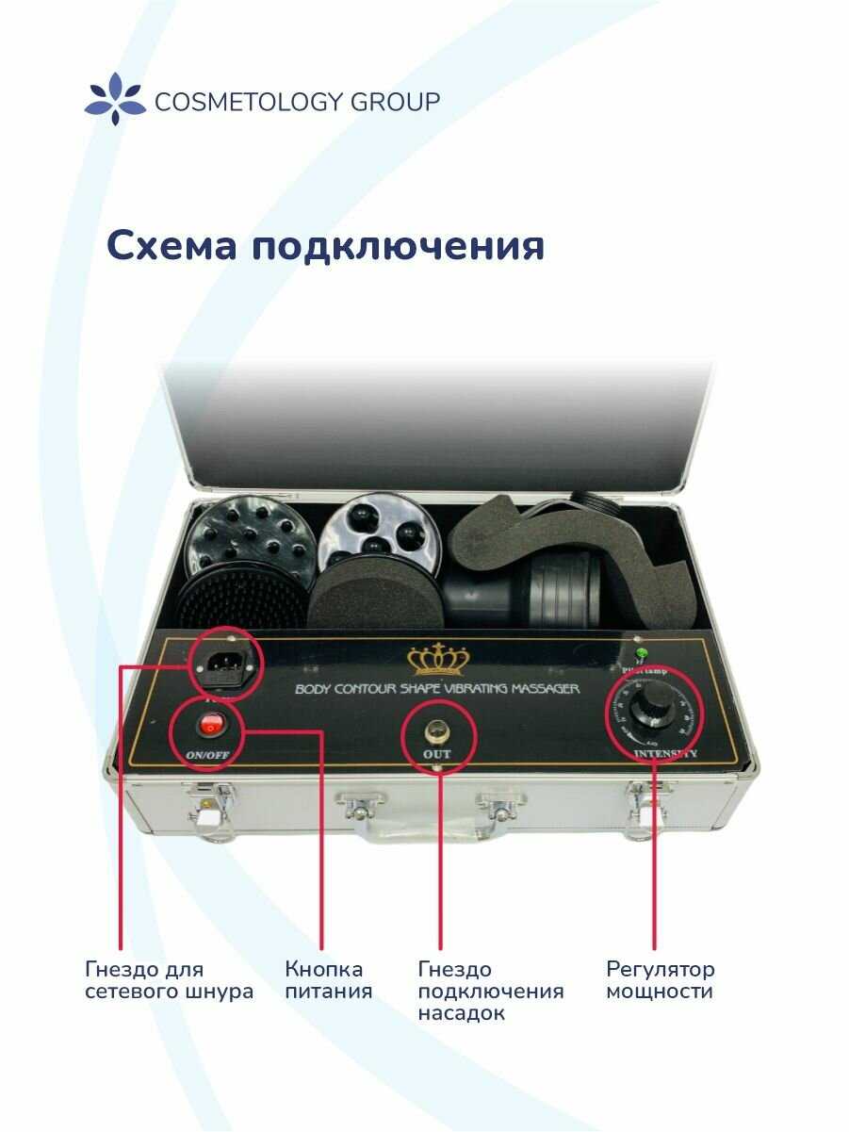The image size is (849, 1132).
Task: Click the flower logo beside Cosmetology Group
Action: tap(115, 99)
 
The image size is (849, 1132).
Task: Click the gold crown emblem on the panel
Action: tap(436, 660)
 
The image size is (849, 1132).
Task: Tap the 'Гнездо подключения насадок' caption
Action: tap(490, 992)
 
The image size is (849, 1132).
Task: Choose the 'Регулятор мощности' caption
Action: tap(660, 980)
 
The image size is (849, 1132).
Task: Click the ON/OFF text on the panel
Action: tap(206, 755)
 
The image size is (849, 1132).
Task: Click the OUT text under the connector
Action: tap(437, 755)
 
